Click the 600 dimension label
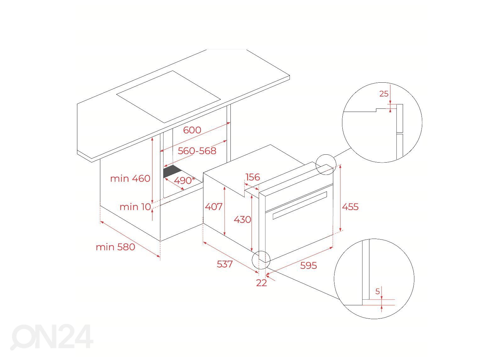click(192, 130)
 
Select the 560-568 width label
click(197, 151)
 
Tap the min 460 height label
click(130, 178)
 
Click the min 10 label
click(135, 207)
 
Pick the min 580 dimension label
click(115, 247)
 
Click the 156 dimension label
click(253, 177)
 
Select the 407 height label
click(213, 207)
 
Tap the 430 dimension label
click(242, 219)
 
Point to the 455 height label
click(350, 207)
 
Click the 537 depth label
click(224, 264)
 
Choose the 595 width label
click(308, 265)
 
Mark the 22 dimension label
click(261, 283)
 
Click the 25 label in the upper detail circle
click(384, 93)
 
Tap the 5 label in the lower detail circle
click(378, 291)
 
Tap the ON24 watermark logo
click(52, 337)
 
